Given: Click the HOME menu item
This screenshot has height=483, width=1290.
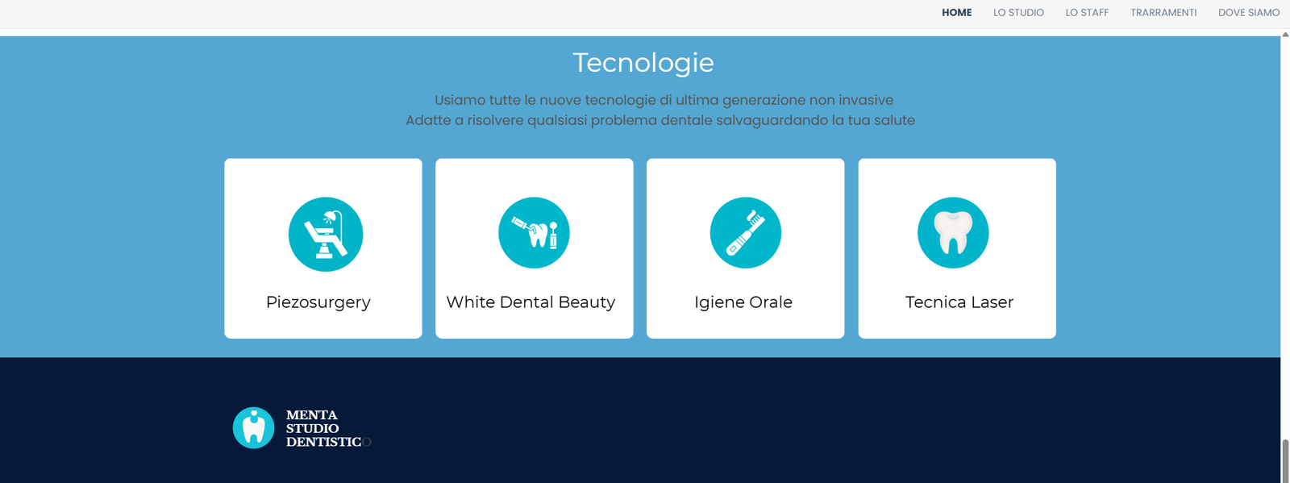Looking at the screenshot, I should click(x=956, y=13).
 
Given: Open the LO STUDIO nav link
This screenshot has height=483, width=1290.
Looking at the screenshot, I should click(x=1018, y=13).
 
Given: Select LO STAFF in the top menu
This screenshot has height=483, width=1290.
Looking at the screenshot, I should click(x=1087, y=13).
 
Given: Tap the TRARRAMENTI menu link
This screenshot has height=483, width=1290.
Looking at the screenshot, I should click(x=1163, y=13).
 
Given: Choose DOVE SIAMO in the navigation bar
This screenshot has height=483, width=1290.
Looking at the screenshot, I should click(x=1249, y=13).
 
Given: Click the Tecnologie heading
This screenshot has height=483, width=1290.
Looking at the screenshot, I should click(x=643, y=63).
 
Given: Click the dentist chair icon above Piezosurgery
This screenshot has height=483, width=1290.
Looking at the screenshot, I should click(x=326, y=234).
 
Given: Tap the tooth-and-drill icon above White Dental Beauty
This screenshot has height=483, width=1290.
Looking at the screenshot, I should click(x=534, y=233).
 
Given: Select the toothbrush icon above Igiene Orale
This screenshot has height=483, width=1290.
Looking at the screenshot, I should click(x=745, y=233).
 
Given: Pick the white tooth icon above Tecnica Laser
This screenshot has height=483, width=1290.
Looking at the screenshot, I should click(x=953, y=233).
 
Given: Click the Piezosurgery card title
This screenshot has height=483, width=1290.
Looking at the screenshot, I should click(x=318, y=302).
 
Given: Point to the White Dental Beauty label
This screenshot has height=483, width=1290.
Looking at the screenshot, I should click(x=531, y=302).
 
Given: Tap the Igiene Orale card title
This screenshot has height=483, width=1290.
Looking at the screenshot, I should click(x=743, y=302).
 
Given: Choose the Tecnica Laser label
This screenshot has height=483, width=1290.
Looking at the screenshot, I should click(x=959, y=302).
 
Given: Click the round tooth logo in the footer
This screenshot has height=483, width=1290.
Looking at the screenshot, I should click(x=254, y=427).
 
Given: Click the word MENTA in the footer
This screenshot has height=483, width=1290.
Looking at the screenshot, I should click(x=311, y=415).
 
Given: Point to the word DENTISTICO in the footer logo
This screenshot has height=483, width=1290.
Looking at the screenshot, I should click(x=327, y=442).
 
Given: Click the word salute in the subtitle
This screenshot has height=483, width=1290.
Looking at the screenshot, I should click(x=894, y=120).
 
